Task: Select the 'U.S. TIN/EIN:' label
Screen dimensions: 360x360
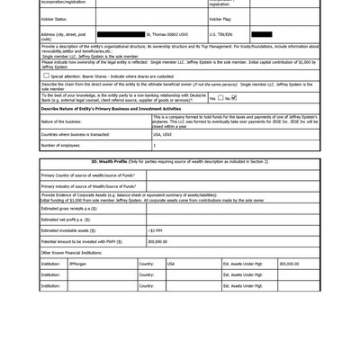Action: (220, 34)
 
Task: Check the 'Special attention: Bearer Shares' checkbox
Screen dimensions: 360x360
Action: (47, 76)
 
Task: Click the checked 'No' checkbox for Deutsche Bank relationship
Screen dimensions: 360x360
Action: (234, 97)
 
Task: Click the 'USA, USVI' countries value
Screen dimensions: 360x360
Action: (163, 133)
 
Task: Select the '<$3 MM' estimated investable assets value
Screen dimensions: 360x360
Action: (156, 230)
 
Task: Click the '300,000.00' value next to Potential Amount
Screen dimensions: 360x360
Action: (157, 241)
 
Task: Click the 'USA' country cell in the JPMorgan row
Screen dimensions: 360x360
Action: (171, 264)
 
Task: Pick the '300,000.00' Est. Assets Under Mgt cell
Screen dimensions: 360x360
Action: (289, 264)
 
